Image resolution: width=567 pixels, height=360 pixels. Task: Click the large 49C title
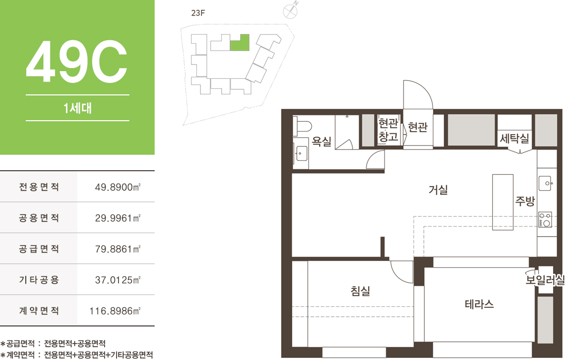(x=77, y=61)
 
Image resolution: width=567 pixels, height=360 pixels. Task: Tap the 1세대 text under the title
(x=77, y=108)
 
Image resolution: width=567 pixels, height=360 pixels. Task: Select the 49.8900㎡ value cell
(x=118, y=187)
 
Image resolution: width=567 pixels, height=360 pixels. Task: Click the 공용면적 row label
(x=39, y=218)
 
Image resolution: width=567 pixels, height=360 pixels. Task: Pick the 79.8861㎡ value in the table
(x=118, y=249)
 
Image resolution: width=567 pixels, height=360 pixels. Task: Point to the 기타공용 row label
(x=39, y=280)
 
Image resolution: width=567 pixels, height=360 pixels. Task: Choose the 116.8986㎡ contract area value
(x=115, y=311)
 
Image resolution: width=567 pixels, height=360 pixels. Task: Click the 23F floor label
(x=198, y=13)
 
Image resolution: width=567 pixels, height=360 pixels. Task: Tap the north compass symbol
(x=290, y=10)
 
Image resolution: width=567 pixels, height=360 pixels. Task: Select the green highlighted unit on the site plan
(x=240, y=42)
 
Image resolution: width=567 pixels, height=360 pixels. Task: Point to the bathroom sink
(x=301, y=153)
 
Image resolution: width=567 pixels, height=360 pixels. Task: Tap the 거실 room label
(x=438, y=189)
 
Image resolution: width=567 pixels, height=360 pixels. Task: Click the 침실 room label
(x=360, y=290)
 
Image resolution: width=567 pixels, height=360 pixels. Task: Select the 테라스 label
(x=479, y=304)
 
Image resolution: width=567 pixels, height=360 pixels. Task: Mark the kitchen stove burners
(x=545, y=220)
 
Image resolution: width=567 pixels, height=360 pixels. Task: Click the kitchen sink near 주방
(x=546, y=183)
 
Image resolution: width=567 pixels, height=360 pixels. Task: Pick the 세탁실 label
(x=514, y=138)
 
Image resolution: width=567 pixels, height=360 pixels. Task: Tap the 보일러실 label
(x=545, y=280)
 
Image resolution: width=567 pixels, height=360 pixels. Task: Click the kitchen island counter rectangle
(x=503, y=202)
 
